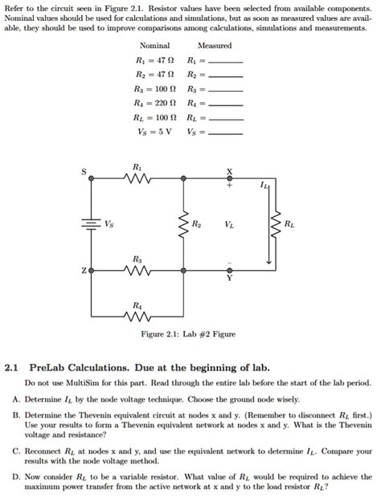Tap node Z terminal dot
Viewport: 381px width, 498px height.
click(91, 271)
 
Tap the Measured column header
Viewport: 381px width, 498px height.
click(214, 46)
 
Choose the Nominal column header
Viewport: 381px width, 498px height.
click(154, 46)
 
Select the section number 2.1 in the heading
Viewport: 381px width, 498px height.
click(11, 368)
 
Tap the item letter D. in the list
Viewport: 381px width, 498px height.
click(16, 476)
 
